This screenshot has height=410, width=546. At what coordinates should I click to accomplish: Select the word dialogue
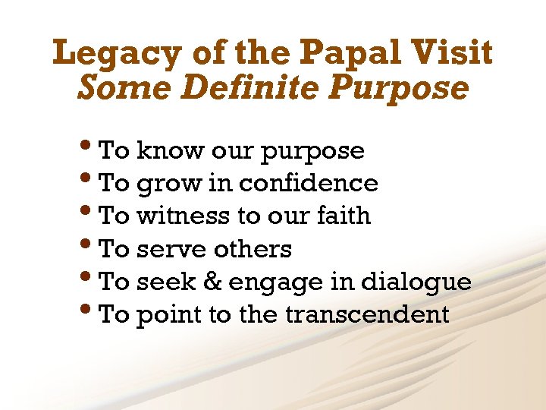(x=426, y=282)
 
